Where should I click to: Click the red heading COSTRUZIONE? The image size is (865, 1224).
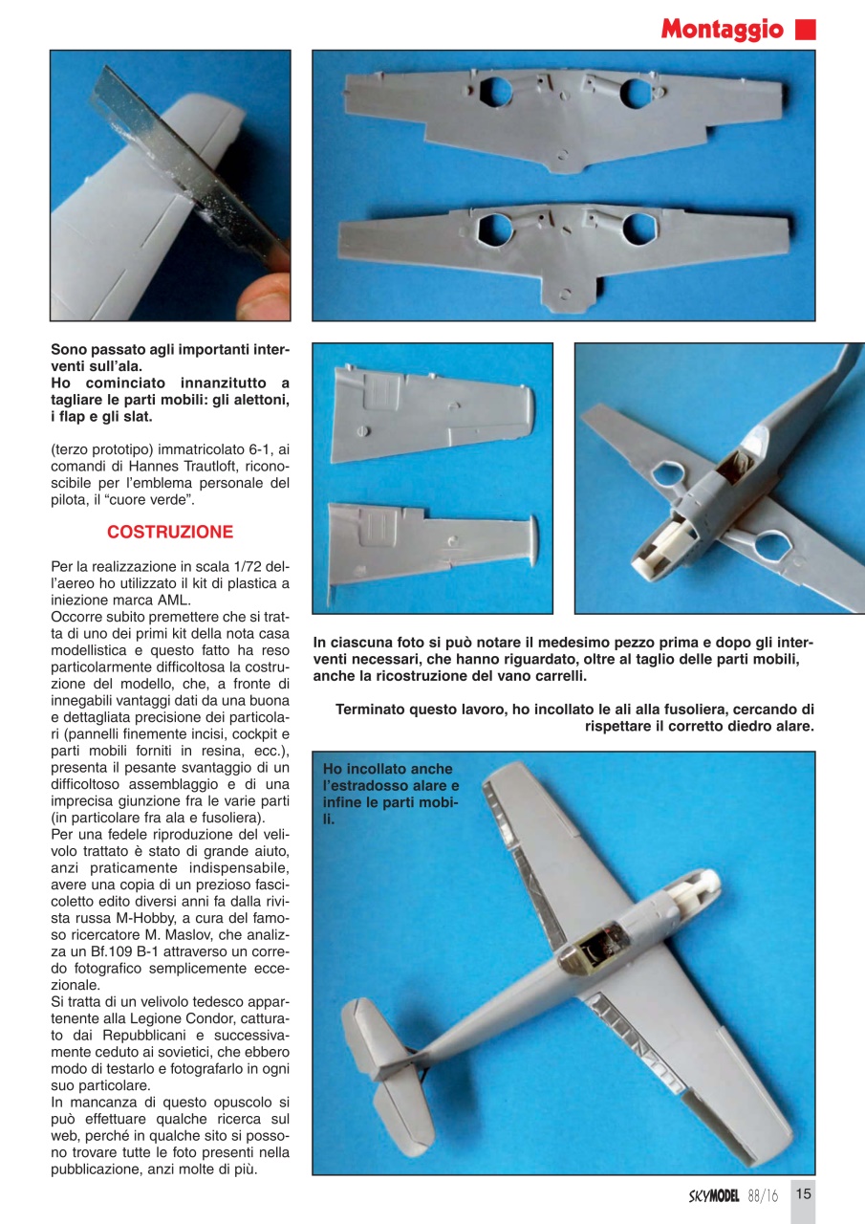169,532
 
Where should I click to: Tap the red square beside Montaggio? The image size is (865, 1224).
805,29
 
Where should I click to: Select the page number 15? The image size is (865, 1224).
803,1193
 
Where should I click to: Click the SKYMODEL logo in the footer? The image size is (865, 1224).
714,1195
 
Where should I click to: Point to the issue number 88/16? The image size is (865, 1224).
763,1195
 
